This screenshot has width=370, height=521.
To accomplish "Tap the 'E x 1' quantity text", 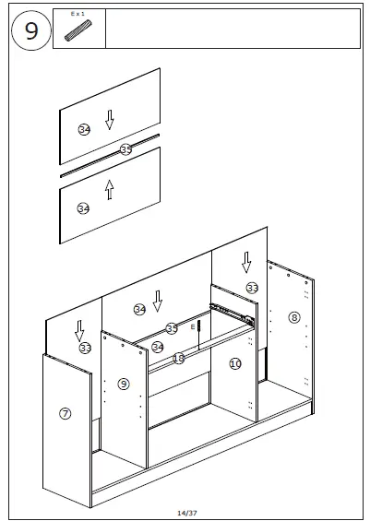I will (78, 15).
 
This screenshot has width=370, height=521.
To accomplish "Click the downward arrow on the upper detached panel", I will (110, 119).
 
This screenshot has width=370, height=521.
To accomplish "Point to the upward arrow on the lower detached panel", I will (109, 189).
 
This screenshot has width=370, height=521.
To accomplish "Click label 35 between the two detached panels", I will (125, 149).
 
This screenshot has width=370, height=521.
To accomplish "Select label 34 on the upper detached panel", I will (84, 129).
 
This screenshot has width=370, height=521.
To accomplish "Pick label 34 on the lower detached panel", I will (83, 208).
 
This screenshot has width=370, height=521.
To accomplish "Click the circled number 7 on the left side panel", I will (66, 413).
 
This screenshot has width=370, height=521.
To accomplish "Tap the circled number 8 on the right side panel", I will (294, 317).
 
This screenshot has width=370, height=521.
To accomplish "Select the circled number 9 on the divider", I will (124, 384).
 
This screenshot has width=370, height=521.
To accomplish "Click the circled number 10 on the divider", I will (235, 364).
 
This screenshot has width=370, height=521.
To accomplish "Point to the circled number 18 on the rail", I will (179, 358).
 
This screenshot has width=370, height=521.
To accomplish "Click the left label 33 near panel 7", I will (85, 348).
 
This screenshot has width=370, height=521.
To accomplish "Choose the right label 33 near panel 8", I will (252, 288).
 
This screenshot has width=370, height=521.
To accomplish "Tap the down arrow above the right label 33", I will (246, 263).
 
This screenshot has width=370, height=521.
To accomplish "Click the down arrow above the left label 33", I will (80, 329).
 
